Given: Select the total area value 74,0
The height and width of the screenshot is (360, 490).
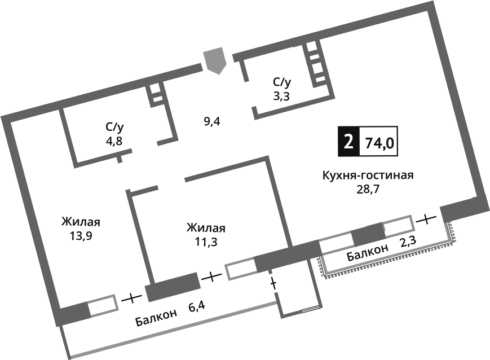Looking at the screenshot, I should pyautogui.click(x=379, y=142).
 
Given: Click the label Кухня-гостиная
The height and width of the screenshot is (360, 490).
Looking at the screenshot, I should pyautogui.click(x=368, y=175).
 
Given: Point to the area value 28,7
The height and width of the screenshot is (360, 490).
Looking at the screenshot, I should pyautogui.click(x=367, y=189).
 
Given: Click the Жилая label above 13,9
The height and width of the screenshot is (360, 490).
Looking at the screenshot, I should pyautogui.click(x=85, y=222).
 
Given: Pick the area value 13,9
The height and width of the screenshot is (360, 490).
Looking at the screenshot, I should pyautogui.click(x=81, y=236).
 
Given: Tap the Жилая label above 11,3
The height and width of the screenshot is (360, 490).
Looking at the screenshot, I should pyautogui.click(x=206, y=229).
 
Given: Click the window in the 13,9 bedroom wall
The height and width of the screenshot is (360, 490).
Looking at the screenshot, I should pyautogui.click(x=103, y=305).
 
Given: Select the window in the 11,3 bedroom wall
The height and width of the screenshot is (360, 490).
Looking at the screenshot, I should pyautogui.click(x=241, y=270).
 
